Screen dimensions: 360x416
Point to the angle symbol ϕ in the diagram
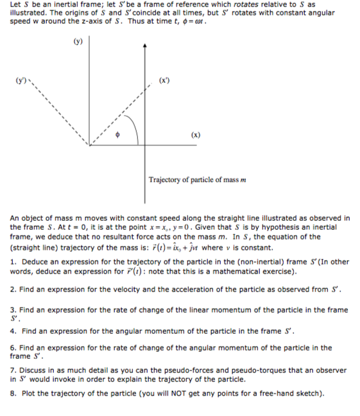pos(117,135)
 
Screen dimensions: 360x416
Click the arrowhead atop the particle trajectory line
pos(145,46)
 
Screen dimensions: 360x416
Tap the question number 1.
pos(13,262)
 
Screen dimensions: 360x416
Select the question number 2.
pos(13,289)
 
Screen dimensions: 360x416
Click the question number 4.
pos(13,331)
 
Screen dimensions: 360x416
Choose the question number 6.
pos(13,347)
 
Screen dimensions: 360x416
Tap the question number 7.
pos(13,370)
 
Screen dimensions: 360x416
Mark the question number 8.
pos(13,393)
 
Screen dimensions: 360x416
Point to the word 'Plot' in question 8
pos(29,393)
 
